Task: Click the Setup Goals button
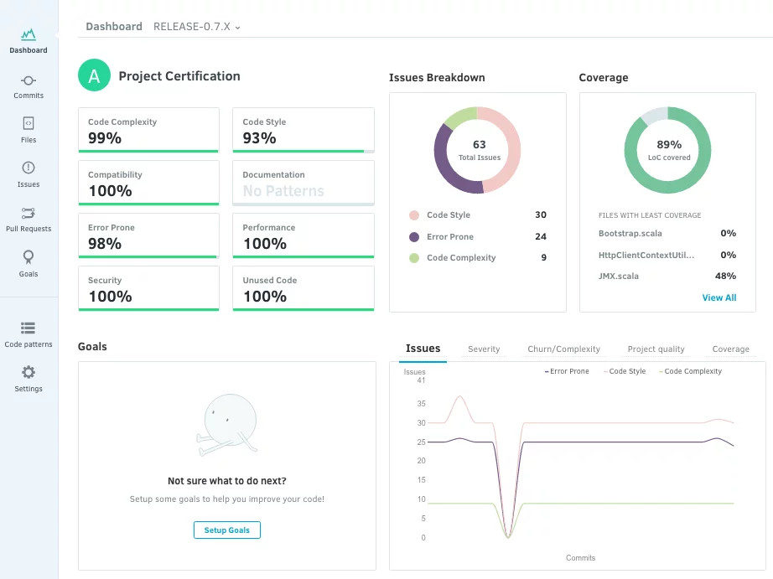(x=226, y=530)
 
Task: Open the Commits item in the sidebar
(x=29, y=87)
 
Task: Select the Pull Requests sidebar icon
(x=29, y=213)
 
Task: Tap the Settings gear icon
(x=29, y=372)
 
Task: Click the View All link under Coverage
(x=719, y=297)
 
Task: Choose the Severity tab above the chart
(x=484, y=349)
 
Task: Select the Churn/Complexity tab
(x=564, y=349)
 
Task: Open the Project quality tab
(x=656, y=349)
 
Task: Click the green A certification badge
(x=94, y=75)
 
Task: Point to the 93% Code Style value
(x=259, y=138)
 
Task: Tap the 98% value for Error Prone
(x=105, y=244)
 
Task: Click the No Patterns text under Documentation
(x=283, y=191)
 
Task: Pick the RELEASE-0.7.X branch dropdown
(x=197, y=27)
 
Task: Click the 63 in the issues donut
(x=480, y=144)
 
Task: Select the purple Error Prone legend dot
(x=414, y=237)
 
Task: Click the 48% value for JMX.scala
(x=726, y=276)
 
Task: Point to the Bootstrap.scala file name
(x=630, y=234)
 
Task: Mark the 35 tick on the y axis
(x=421, y=404)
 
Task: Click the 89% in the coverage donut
(x=669, y=144)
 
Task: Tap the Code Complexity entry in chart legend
(x=690, y=371)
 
